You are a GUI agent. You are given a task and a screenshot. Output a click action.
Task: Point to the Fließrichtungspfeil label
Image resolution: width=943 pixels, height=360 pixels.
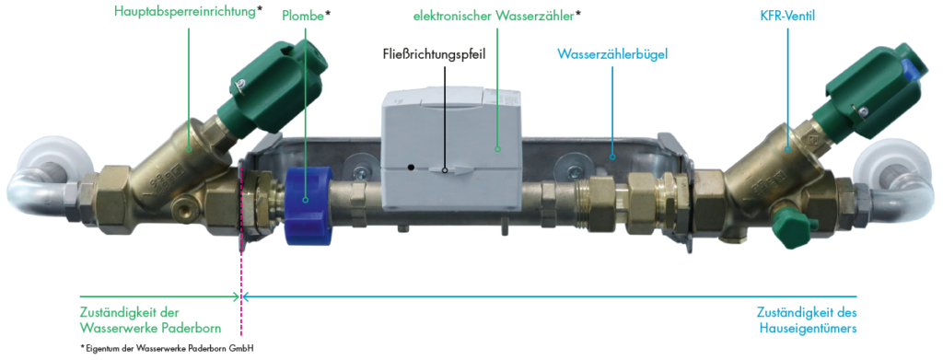point(434,54)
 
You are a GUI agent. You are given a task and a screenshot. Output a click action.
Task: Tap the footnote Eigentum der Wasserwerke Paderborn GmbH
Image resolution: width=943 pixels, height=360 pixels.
point(167,348)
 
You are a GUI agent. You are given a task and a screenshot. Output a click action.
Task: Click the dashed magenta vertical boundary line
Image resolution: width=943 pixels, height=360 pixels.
point(241,276)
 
